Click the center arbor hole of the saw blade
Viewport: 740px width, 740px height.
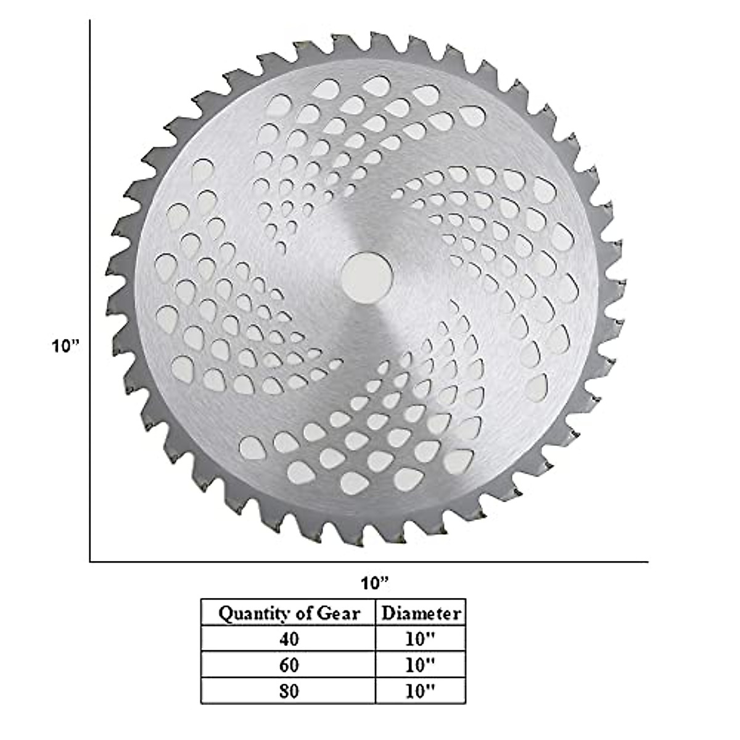pos(368,277)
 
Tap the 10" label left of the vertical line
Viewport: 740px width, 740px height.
pos(66,346)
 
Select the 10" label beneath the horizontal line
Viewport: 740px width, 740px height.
pos(375,582)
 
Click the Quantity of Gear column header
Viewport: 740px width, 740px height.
pos(289,613)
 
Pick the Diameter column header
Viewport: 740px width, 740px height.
pos(421,613)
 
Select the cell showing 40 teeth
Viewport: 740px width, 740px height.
pos(289,639)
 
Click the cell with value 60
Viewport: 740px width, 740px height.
pos(289,665)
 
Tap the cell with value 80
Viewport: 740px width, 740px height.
pos(289,691)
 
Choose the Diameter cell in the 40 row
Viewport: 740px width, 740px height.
pos(421,639)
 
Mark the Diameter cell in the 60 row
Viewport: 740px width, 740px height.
pos(421,665)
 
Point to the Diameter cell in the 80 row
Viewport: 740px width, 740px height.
pos(421,691)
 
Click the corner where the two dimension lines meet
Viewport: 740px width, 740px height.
pos(91,562)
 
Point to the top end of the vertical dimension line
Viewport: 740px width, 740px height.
pos(91,21)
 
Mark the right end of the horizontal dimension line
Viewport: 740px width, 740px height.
pos(647,562)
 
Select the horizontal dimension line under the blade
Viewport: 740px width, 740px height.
pos(370,562)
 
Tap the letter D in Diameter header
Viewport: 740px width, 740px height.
pos(388,613)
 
